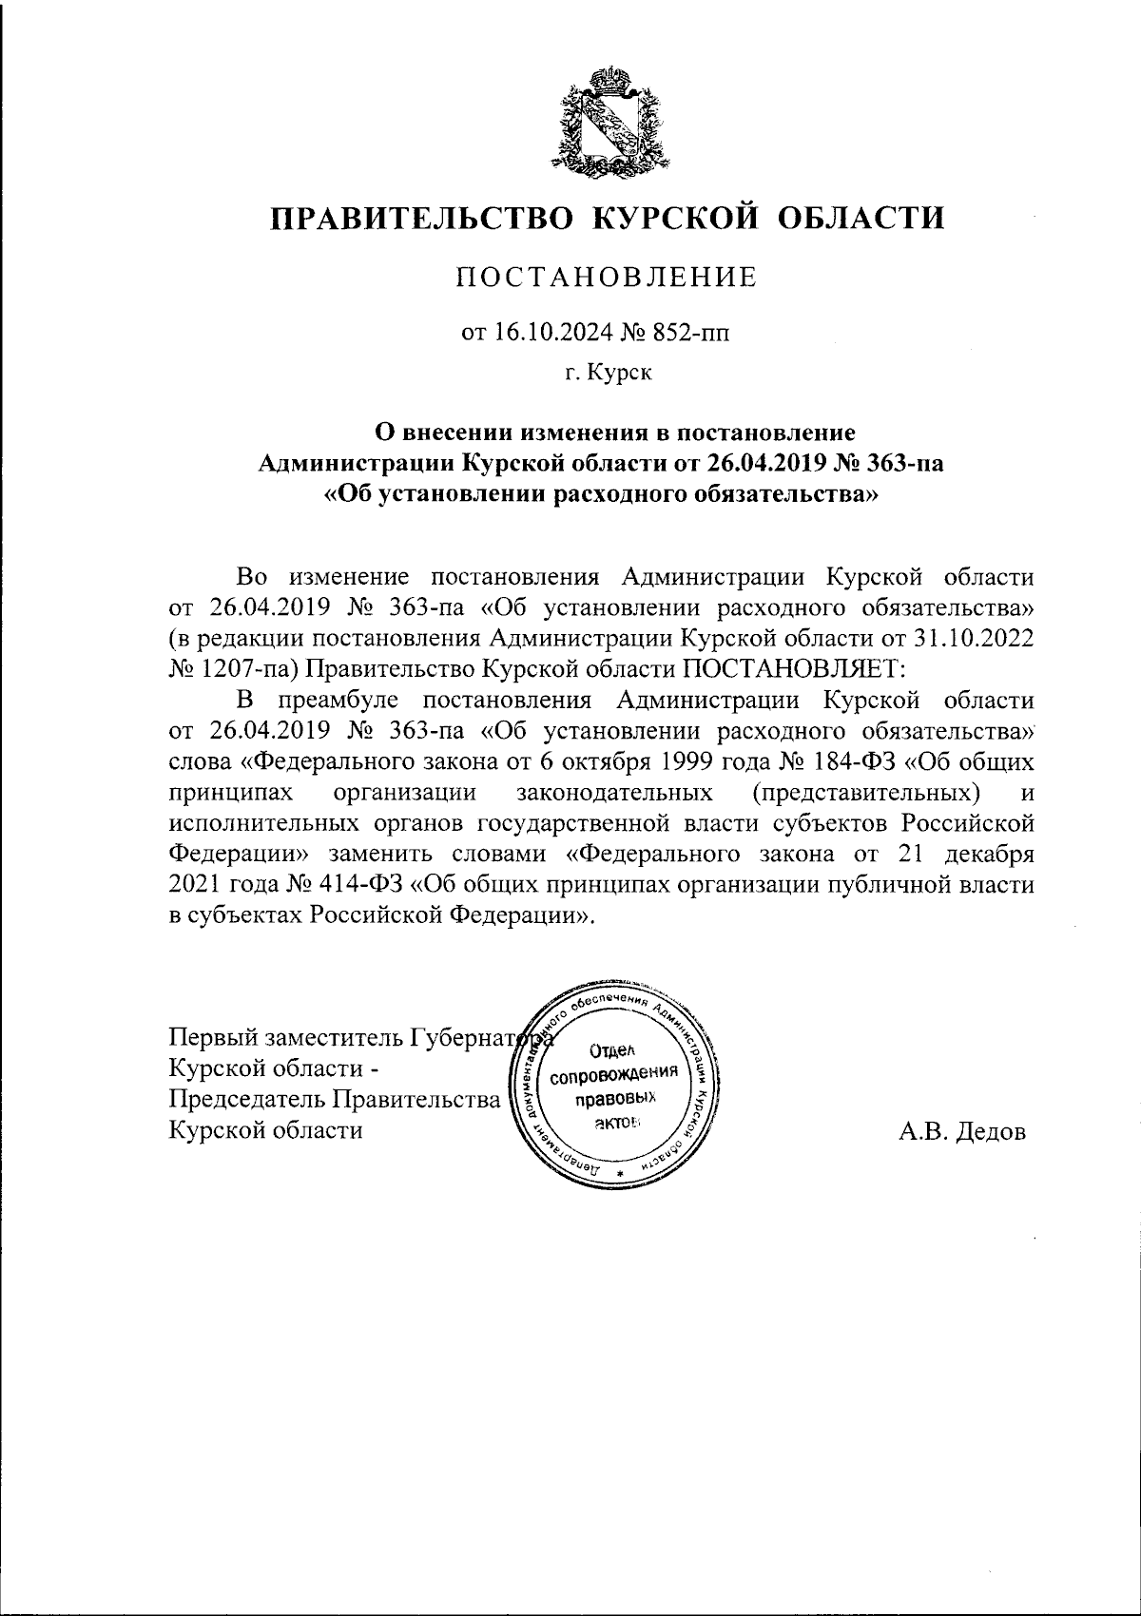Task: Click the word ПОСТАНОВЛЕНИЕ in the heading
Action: [x=608, y=278]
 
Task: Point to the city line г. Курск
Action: [x=609, y=374]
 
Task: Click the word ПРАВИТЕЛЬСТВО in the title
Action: [x=421, y=219]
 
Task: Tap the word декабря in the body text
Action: [x=985, y=855]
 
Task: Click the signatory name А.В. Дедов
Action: [x=962, y=1131]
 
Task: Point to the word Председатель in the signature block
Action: [x=245, y=1100]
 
